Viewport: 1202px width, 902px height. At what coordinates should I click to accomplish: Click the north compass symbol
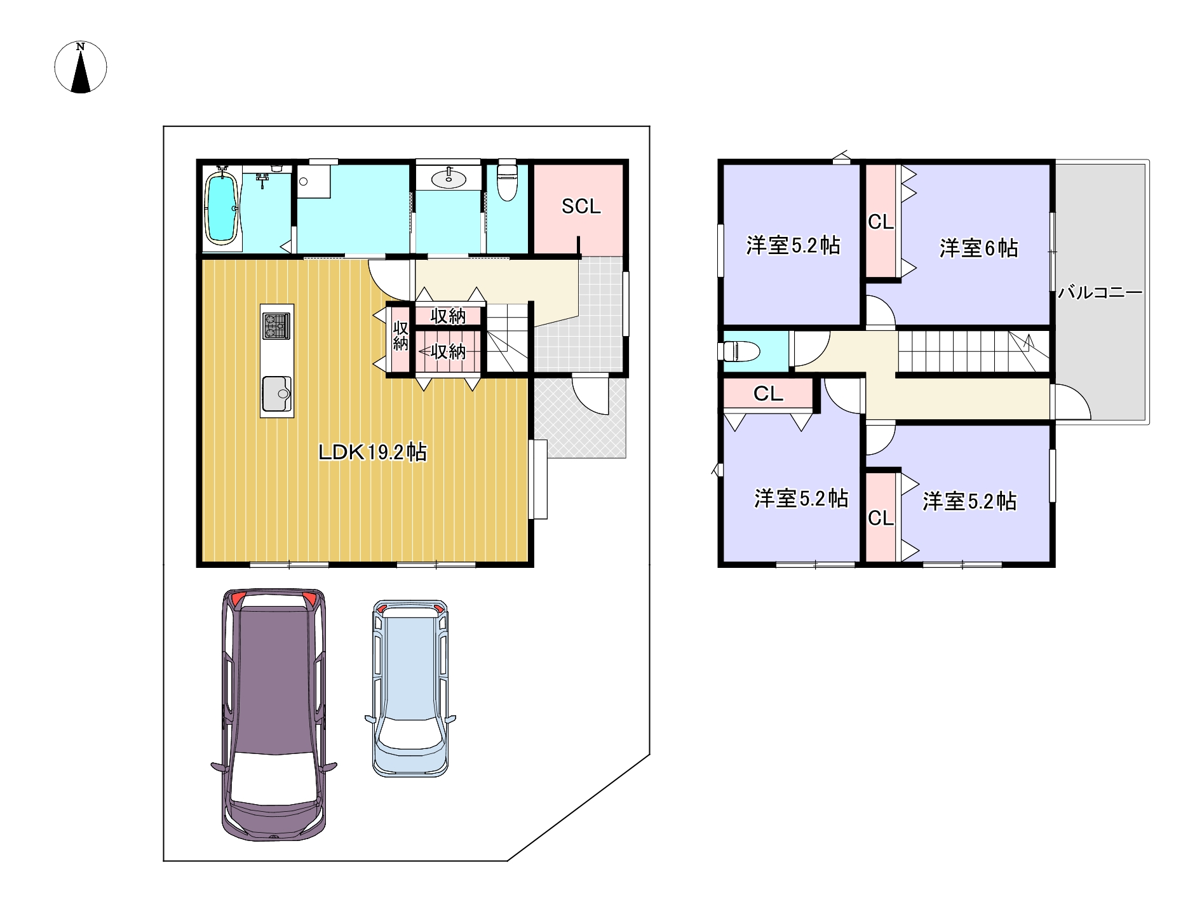coord(81,67)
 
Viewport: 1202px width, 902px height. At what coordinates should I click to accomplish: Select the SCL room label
coord(581,206)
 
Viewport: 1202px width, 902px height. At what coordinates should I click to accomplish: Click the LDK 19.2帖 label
coord(372,452)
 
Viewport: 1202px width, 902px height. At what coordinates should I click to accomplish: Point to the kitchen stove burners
coord(276,326)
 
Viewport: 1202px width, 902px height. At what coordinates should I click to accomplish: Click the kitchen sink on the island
coord(277,394)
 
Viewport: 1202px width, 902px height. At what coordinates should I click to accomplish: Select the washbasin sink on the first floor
coord(449,178)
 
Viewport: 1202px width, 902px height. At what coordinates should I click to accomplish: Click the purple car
coord(274,715)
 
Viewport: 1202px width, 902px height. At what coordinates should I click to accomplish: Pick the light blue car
coord(410,688)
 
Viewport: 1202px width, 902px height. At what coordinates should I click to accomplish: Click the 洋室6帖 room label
coord(978,248)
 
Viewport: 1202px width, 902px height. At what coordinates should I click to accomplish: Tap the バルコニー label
coord(1100,292)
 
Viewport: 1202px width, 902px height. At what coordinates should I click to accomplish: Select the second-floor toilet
coord(741,351)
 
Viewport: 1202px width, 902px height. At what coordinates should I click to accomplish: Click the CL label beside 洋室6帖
coord(881,222)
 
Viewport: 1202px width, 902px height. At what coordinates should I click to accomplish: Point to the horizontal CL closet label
coord(768,394)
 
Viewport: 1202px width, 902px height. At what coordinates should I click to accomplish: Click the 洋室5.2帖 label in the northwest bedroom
coord(793,245)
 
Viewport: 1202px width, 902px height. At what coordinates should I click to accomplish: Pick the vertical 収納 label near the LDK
coord(400,336)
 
